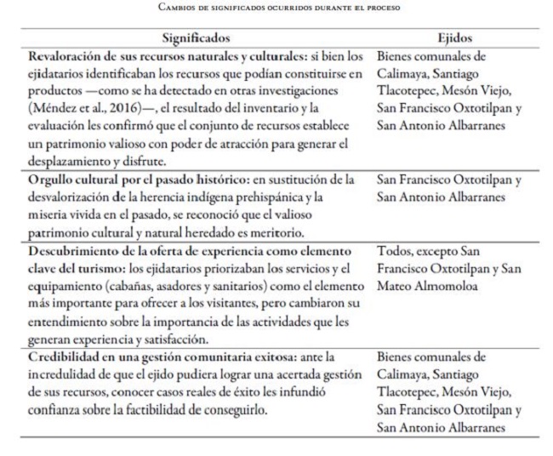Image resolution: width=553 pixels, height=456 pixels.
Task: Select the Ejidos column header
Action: (x=454, y=38)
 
